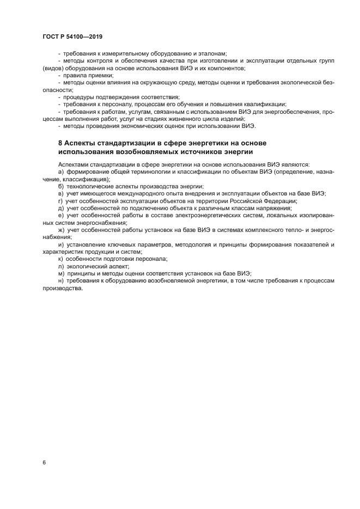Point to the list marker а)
point(60,171)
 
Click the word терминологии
point(147,171)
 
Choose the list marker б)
point(60,186)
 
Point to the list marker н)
point(60,280)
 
